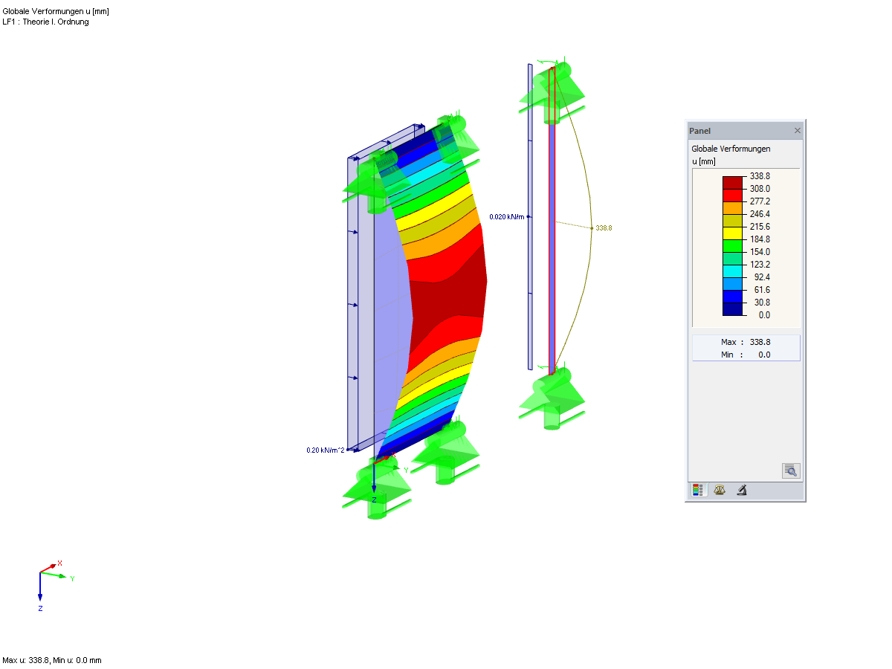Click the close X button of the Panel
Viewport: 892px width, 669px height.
pyautogui.click(x=797, y=130)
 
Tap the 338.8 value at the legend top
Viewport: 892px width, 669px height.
pyautogui.click(x=760, y=176)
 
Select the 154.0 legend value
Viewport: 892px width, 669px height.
pyautogui.click(x=760, y=252)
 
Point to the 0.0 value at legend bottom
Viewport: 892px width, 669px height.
pyautogui.click(x=764, y=315)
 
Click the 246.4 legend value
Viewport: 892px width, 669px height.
pyautogui.click(x=760, y=214)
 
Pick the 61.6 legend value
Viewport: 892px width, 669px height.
pyautogui.click(x=762, y=290)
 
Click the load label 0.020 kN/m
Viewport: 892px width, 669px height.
pyautogui.click(x=506, y=217)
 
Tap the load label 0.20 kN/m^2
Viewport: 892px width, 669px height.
pyautogui.click(x=325, y=450)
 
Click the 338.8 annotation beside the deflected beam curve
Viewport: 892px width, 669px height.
pyautogui.click(x=604, y=228)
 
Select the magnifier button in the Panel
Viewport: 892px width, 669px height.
pyautogui.click(x=790, y=471)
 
